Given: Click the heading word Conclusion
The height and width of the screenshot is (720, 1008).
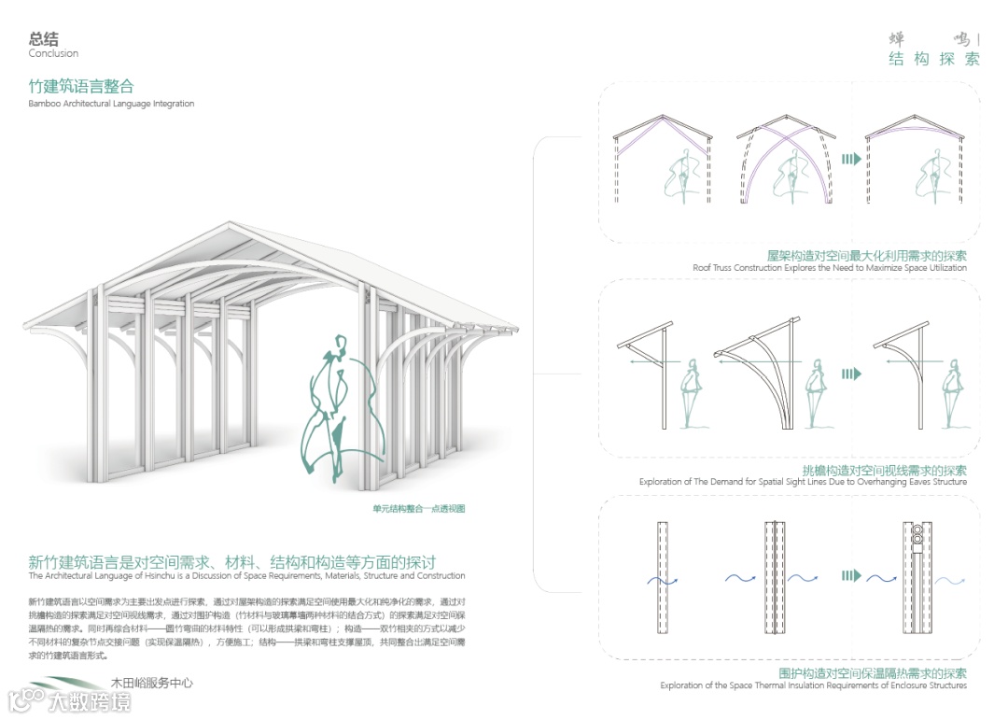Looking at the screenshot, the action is pos(53,53).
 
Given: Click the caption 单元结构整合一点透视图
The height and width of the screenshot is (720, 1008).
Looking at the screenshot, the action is pos(418,509).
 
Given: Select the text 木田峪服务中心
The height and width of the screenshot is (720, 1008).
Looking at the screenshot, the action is pos(151,684).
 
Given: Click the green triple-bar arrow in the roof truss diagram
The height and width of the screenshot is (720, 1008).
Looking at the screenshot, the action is pos(850,159).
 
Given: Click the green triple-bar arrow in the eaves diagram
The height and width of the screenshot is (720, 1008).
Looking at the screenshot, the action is pos(850,374).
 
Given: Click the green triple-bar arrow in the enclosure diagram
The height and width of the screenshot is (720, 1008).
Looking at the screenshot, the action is pos(850,576).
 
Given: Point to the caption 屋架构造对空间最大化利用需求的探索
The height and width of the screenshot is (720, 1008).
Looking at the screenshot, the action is pos(866,255).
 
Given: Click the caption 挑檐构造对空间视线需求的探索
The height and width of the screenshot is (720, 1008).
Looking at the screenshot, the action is pos(884,471).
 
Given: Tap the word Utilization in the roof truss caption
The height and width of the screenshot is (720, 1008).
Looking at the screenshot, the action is pos(943,268).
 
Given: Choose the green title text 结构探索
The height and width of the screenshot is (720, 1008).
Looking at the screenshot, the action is pos(933,60).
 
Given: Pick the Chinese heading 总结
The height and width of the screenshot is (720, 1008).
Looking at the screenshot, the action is pos(43,38).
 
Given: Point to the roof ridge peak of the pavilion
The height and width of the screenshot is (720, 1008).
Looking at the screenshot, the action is pos(231,223).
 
